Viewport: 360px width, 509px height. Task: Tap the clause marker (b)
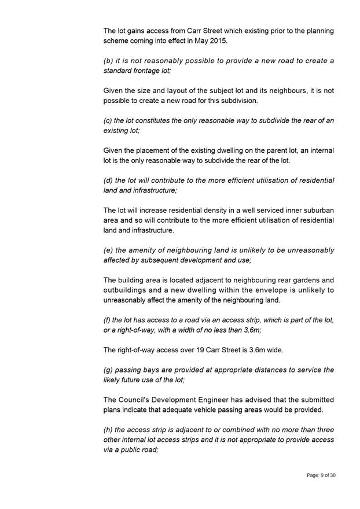pos(108,61)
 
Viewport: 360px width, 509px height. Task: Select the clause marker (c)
pos(108,121)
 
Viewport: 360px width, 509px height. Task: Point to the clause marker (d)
pos(108,180)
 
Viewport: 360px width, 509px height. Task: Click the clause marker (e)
pos(108,250)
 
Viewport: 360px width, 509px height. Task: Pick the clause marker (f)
pos(107,320)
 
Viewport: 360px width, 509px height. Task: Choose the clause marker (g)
pos(108,370)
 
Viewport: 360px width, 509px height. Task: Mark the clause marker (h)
pos(108,430)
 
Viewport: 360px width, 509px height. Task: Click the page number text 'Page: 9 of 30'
pos(321,475)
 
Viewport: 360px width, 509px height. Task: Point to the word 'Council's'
pos(138,400)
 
